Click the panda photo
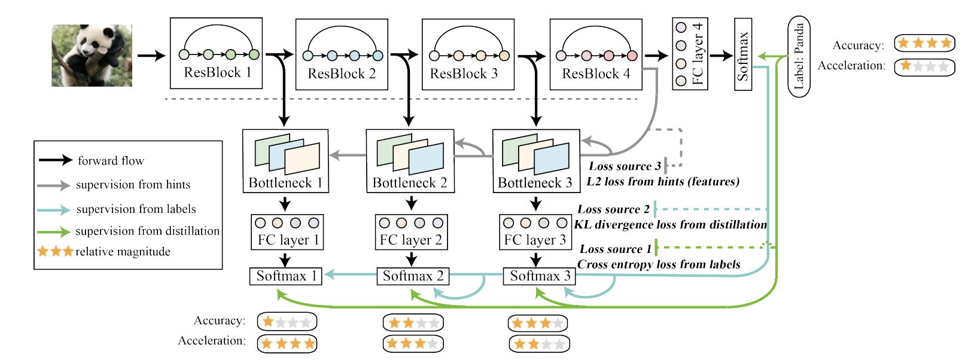click(x=92, y=55)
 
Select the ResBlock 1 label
click(x=217, y=72)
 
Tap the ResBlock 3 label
click(x=464, y=74)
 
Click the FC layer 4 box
click(x=690, y=54)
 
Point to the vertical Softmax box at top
click(x=742, y=54)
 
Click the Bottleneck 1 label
click(x=285, y=182)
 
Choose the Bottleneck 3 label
click(x=535, y=182)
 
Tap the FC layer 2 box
click(x=411, y=232)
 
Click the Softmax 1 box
click(x=286, y=276)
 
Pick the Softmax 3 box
click(x=540, y=276)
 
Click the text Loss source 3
click(x=625, y=166)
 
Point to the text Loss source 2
click(x=613, y=209)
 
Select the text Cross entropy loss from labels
click(x=659, y=264)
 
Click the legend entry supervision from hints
click(x=133, y=185)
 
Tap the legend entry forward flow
click(x=111, y=160)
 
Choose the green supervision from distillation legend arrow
click(x=54, y=231)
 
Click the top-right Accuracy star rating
click(x=924, y=43)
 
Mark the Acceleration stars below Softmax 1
click(x=287, y=343)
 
